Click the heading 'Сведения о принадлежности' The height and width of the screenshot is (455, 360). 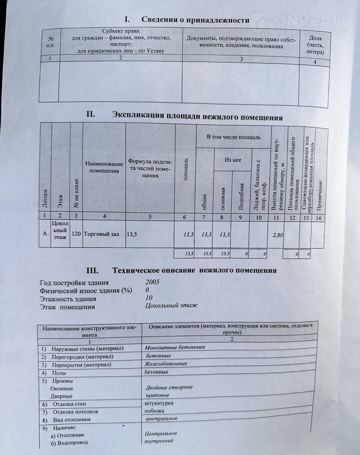pyautogui.click(x=195, y=20)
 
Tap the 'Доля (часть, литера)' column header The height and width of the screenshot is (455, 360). pyautogui.click(x=315, y=44)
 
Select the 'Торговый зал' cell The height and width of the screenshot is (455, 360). pyautogui.click(x=101, y=234)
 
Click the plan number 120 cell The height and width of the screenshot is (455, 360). pyautogui.click(x=76, y=234)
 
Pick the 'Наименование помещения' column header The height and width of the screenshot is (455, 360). pyautogui.click(x=104, y=168)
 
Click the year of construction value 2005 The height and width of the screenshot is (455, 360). pyautogui.click(x=153, y=282)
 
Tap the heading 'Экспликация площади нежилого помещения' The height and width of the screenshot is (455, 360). pyautogui.click(x=197, y=117)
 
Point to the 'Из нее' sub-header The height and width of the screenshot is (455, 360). pyautogui.click(x=232, y=159)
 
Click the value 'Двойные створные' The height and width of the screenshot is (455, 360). pyautogui.click(x=169, y=387)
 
